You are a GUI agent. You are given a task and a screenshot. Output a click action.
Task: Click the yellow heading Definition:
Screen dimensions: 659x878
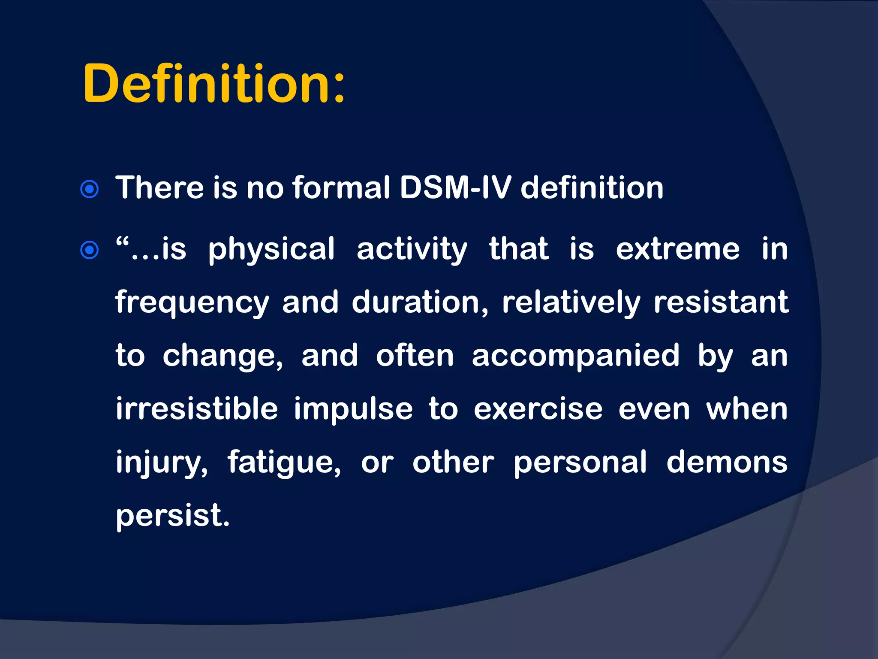(213, 84)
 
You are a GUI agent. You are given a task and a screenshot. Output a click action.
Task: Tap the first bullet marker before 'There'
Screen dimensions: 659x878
(90, 189)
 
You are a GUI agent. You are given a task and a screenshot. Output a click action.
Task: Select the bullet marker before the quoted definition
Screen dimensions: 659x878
(90, 250)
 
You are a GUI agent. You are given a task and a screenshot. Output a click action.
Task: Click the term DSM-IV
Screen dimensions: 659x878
(455, 188)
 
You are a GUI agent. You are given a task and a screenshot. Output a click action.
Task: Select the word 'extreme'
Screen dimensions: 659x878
(678, 249)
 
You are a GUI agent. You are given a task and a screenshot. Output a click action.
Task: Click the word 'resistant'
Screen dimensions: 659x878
(721, 302)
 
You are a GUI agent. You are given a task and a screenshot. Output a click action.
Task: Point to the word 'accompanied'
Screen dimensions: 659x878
(576, 356)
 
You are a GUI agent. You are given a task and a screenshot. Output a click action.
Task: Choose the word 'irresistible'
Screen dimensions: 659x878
(197, 408)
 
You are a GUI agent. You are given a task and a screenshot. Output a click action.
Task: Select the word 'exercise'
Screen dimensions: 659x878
(538, 409)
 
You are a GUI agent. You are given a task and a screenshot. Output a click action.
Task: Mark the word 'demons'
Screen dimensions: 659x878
(727, 462)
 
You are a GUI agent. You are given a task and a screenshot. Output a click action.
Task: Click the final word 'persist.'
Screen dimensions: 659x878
(173, 516)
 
